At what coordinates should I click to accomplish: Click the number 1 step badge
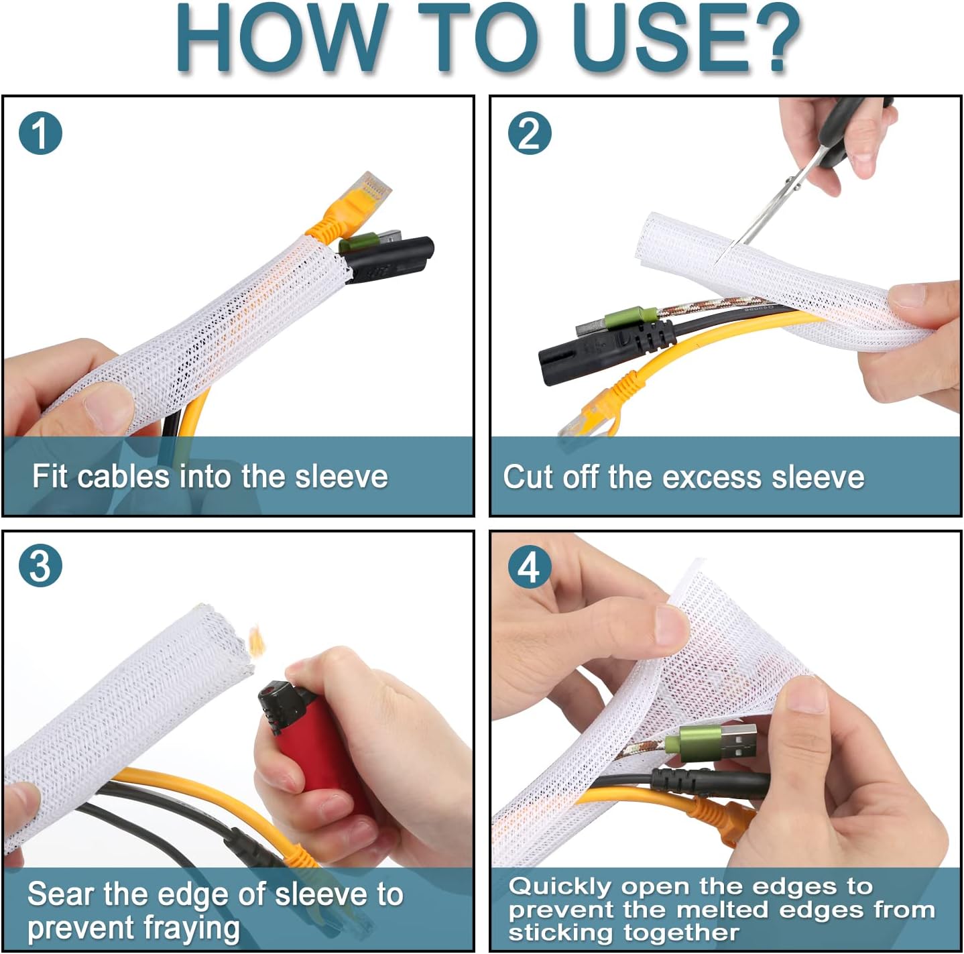click(x=40, y=133)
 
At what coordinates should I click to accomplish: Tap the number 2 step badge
click(x=530, y=133)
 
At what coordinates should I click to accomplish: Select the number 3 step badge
click(x=40, y=566)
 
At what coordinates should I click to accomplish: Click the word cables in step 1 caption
click(x=123, y=476)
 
